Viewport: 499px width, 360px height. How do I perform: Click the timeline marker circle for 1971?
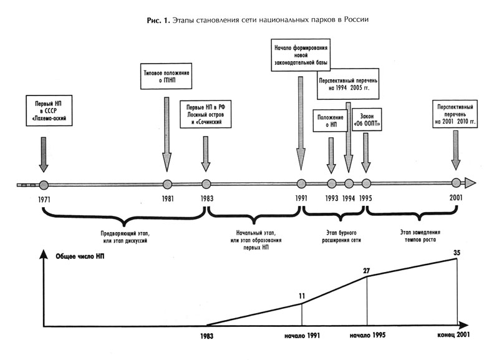point(43,184)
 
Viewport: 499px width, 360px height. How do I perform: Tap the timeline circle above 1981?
point(167,184)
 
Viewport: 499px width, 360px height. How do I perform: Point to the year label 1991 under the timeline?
point(301,199)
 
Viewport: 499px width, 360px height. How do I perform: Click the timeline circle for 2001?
point(457,183)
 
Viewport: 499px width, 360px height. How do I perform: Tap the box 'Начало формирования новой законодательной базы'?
point(301,55)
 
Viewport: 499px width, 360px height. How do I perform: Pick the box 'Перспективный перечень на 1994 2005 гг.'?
point(348,84)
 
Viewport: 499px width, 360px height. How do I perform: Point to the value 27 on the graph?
point(367,270)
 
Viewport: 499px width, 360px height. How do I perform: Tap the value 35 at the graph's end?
point(457,252)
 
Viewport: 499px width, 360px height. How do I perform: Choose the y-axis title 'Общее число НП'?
point(80,256)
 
